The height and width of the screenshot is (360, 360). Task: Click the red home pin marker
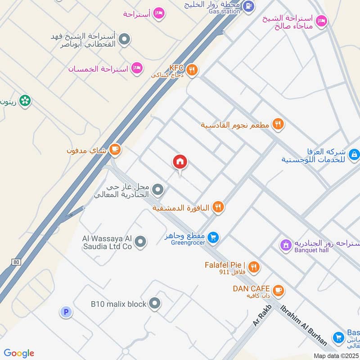point(180,163)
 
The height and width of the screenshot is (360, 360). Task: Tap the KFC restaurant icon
point(192,69)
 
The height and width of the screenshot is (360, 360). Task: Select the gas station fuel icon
point(248,6)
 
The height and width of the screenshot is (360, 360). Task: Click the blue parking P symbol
point(66,312)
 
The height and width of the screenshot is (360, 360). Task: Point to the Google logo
point(19,353)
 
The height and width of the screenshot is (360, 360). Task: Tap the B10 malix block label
point(118,304)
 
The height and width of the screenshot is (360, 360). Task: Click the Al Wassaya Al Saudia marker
point(141,242)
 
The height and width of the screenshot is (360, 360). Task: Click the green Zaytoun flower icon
point(25,101)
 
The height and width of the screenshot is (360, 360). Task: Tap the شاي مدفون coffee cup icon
point(115,150)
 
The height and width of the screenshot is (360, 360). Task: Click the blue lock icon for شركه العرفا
point(354,155)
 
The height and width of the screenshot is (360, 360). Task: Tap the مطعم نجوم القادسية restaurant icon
point(278,124)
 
